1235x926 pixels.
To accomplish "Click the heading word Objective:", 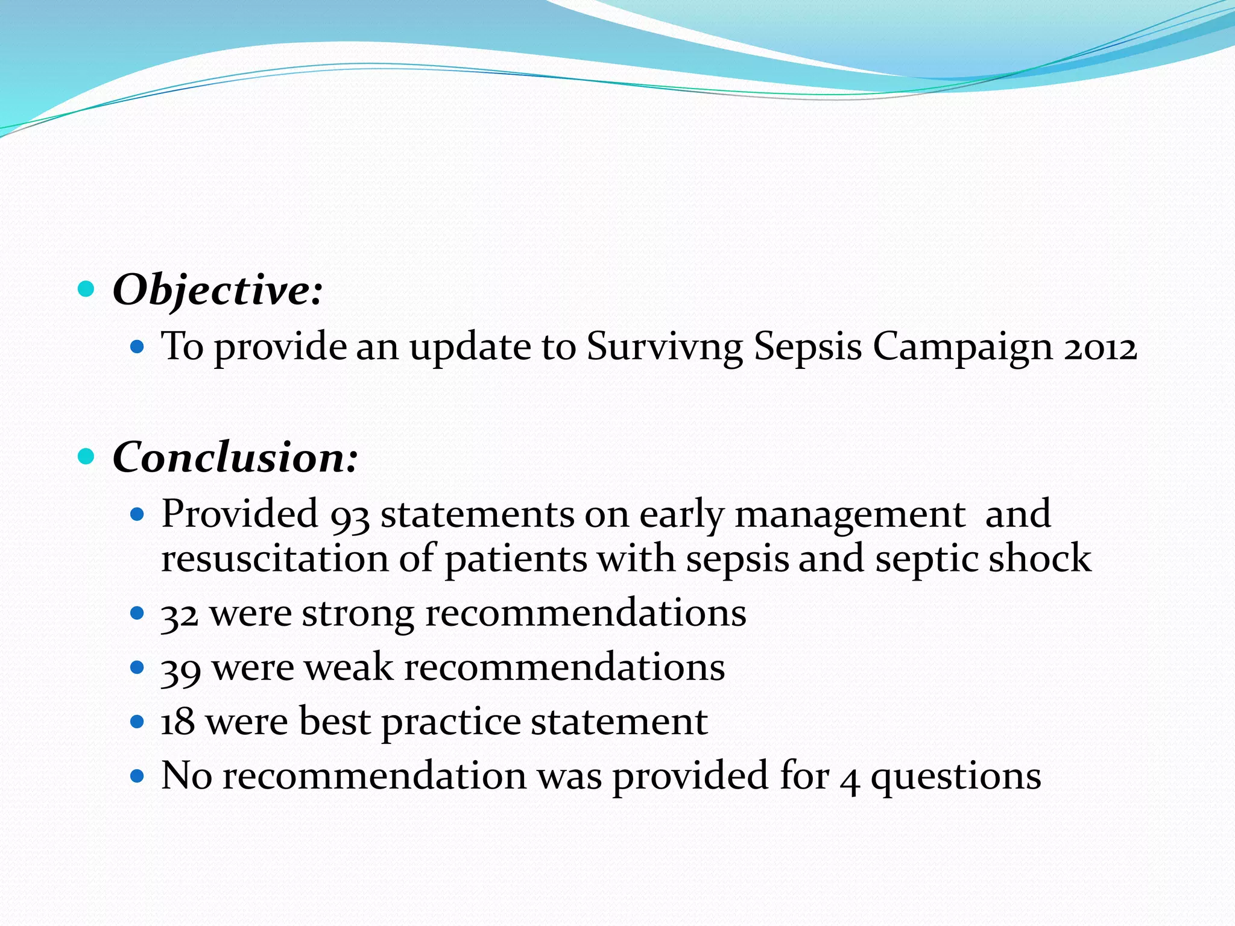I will point(217,291).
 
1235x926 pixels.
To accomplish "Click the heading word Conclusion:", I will point(235,458).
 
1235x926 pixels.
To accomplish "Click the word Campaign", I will point(962,348).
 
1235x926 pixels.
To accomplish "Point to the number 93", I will point(350,516).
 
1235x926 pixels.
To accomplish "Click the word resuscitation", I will point(274,558).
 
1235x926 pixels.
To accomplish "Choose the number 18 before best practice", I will point(178,722).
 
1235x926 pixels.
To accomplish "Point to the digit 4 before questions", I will point(850,778).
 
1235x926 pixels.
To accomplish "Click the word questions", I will point(956,777).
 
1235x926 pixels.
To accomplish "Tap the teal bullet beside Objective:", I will point(87,289).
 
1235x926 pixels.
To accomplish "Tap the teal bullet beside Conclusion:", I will point(87,456).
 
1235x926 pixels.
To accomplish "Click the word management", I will point(850,515).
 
